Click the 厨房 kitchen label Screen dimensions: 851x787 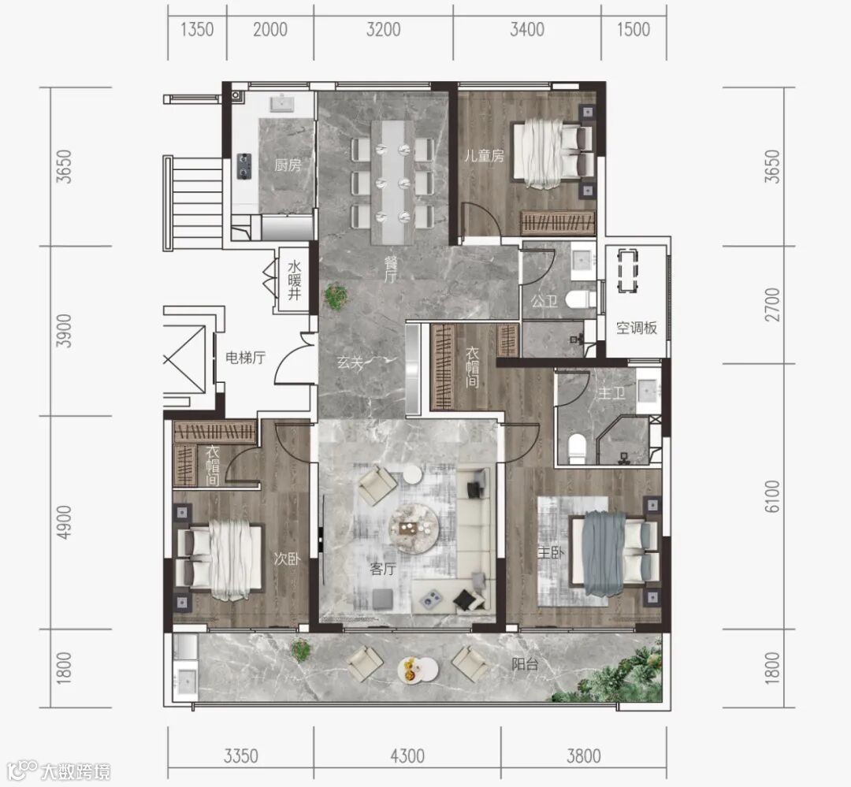tap(287, 165)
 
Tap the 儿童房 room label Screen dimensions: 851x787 tap(484, 156)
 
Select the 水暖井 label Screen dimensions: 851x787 tap(294, 280)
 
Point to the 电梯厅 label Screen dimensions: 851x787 tap(245, 358)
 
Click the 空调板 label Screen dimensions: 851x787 tap(636, 328)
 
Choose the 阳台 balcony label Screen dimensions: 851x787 tap(525, 664)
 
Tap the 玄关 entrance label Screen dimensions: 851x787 tap(350, 362)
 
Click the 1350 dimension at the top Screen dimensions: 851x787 tap(197, 29)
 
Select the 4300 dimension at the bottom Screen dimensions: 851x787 tap(407, 755)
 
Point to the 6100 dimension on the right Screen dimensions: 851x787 tap(771, 496)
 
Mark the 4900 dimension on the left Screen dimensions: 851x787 tap(64, 522)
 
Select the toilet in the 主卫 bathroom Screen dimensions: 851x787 tap(577, 448)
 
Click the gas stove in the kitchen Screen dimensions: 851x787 tap(245, 166)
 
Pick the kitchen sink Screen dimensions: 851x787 tap(282, 103)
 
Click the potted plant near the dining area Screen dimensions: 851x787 tap(336, 296)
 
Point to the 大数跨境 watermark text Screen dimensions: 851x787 tap(75, 771)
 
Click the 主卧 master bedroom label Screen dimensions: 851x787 tap(550, 552)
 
